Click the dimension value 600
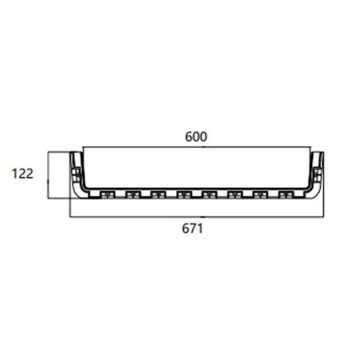[195, 136]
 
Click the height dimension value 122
[23, 175]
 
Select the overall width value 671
[193, 228]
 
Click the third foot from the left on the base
[157, 196]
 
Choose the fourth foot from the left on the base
[183, 196]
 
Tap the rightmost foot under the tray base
[286, 196]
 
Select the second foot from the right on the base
[260, 196]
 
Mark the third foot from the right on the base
[234, 196]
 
